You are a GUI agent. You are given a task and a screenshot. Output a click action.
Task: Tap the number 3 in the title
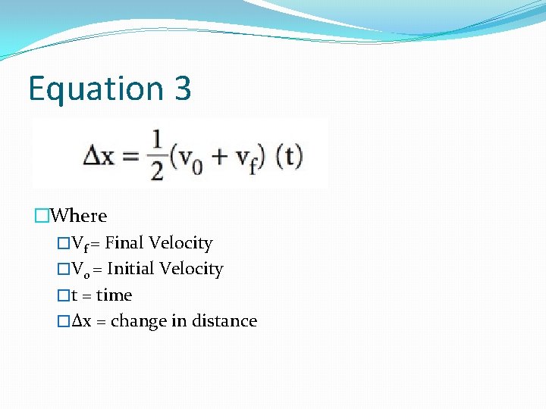tap(182, 89)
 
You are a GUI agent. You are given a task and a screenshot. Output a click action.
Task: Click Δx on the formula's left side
tap(98, 157)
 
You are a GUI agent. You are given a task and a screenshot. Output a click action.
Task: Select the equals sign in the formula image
tap(132, 157)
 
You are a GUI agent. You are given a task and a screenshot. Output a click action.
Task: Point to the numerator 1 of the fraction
tap(157, 142)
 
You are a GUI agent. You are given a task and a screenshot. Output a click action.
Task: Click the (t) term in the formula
tap(288, 157)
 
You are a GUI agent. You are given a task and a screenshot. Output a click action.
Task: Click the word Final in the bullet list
tap(124, 243)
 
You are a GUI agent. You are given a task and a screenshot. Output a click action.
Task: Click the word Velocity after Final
tap(180, 243)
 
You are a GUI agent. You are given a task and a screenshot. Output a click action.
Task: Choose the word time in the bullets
tap(114, 295)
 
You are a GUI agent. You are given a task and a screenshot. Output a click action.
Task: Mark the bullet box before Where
tap(41, 216)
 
